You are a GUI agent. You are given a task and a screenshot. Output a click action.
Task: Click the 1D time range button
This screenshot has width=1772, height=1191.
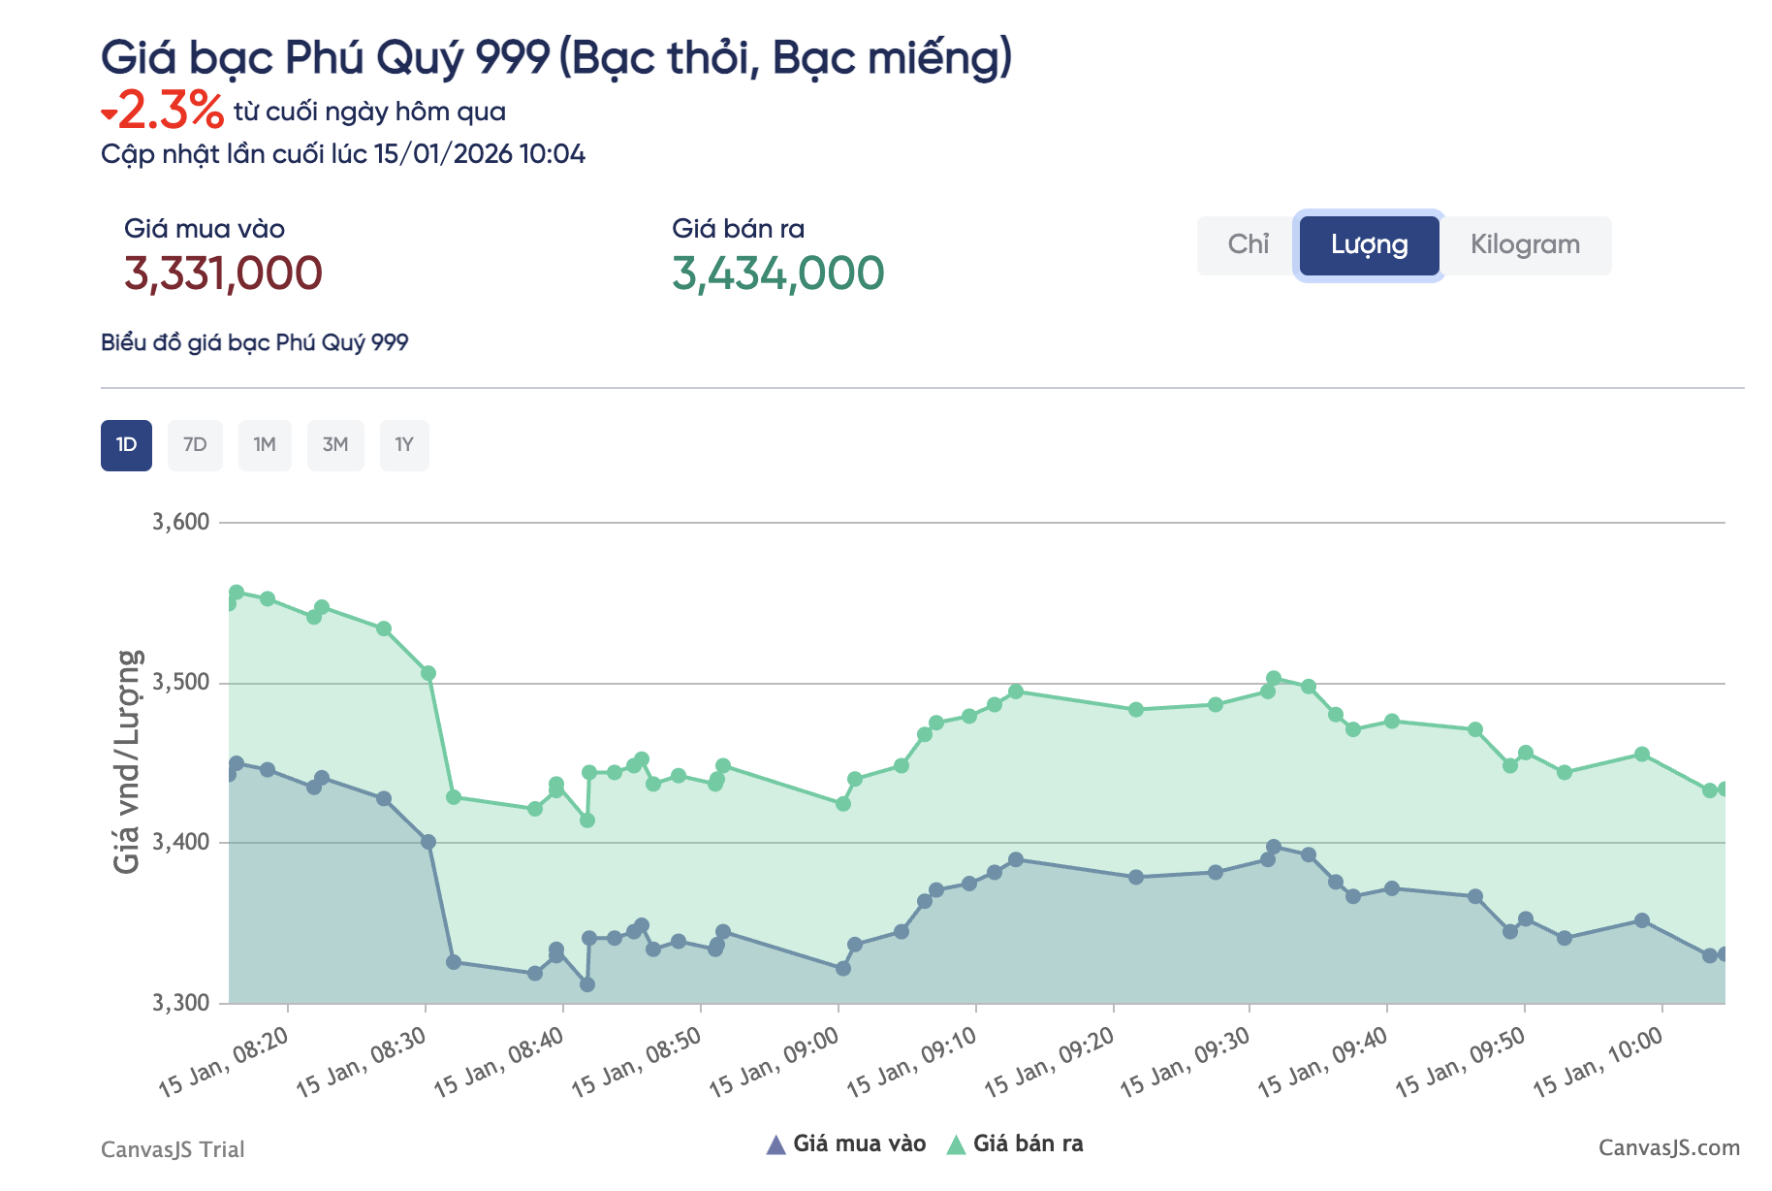pos(126,445)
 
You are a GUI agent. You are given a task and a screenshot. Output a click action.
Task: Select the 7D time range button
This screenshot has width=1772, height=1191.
pos(195,445)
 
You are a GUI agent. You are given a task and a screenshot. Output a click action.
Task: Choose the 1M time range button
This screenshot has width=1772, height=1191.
pos(265,445)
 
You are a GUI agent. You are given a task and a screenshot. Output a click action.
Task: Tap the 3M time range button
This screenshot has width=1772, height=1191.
pos(335,445)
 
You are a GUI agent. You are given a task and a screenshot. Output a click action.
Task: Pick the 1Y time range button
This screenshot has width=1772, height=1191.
pos(404,445)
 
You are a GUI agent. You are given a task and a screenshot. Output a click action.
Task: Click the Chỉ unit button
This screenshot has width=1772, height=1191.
pos(1248,244)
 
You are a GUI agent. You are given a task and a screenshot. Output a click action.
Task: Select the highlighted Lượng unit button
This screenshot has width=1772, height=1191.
pos(1369,244)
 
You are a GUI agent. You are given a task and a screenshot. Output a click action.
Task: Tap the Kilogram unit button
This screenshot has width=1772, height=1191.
pos(1525,244)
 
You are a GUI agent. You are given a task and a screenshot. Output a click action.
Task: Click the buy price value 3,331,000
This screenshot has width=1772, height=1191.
pos(223,274)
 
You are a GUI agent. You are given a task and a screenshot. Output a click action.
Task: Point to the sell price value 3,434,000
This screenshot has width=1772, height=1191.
pos(777,274)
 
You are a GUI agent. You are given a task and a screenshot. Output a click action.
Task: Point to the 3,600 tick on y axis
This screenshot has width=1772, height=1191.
pos(181,522)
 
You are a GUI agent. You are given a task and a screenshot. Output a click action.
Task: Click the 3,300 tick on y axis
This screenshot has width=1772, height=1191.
pos(181,1002)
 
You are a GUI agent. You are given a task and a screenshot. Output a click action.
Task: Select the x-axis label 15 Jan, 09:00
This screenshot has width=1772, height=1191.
pos(775,1063)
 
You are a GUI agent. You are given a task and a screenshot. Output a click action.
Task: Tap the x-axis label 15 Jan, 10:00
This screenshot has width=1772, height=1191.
pos(1598,1063)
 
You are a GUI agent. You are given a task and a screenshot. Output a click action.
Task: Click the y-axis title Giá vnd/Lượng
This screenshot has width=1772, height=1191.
pos(128,761)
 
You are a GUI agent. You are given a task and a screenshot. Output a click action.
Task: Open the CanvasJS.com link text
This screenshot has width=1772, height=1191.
pos(1668,1148)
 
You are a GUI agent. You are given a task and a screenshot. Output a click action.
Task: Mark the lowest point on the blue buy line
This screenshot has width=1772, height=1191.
pos(587,984)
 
